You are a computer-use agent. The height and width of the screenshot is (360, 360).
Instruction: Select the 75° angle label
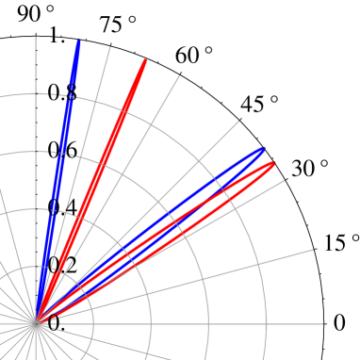pyautogui.click(x=117, y=25)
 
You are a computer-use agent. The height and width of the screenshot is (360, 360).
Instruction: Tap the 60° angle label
pyautogui.click(x=194, y=57)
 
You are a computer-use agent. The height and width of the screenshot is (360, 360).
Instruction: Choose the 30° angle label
pyautogui.click(x=310, y=169)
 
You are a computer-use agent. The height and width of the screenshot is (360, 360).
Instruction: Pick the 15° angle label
pyautogui.click(x=341, y=242)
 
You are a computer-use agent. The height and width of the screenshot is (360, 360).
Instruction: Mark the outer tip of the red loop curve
pyautogui.click(x=274, y=164)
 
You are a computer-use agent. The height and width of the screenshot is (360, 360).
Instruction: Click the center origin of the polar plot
pyautogui.click(x=36, y=321)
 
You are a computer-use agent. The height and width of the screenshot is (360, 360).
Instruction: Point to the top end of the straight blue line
pyautogui.click(x=77, y=42)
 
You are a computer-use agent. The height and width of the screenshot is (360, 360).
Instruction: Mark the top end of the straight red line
pyautogui.click(x=145, y=61)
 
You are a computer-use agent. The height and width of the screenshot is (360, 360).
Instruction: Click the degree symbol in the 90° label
pyautogui.click(x=50, y=8)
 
